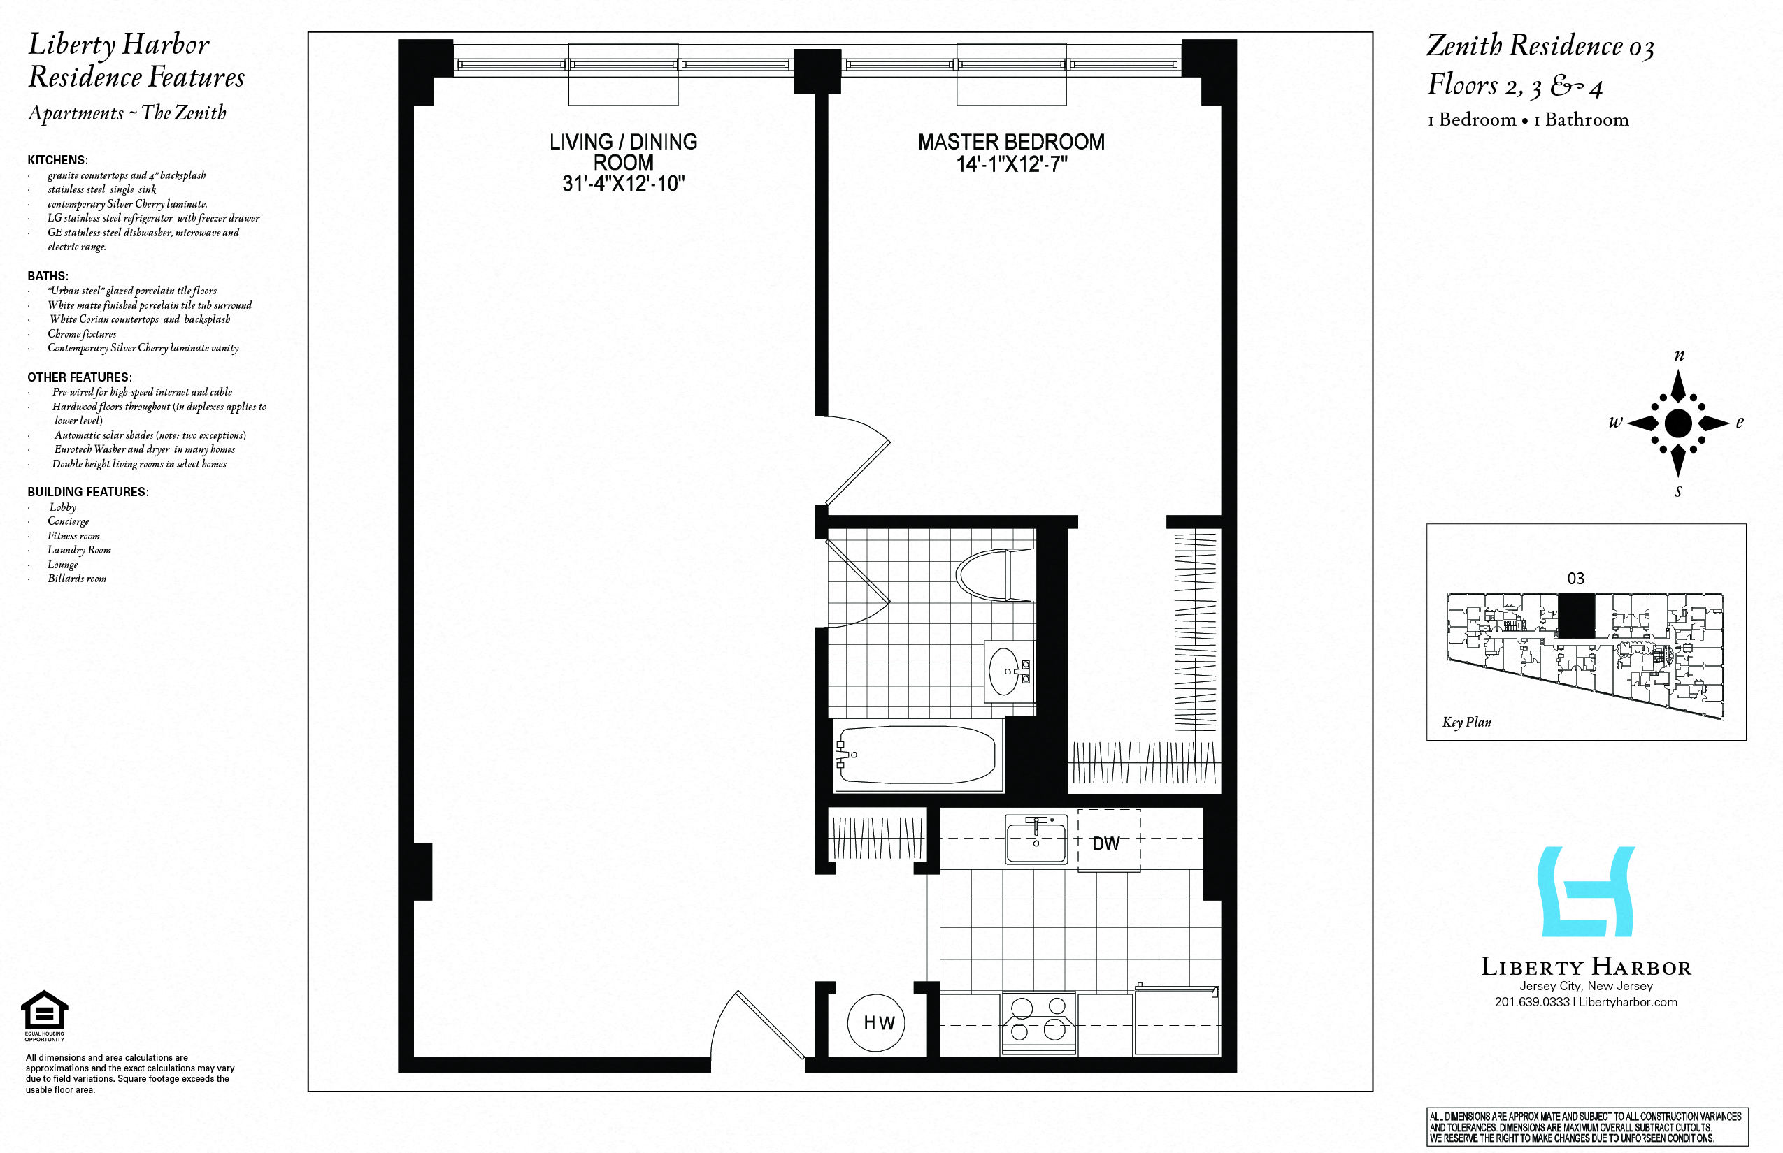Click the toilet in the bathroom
tap(994, 575)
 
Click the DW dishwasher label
tap(1105, 844)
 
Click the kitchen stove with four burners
tap(1038, 1023)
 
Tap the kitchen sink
tap(1036, 840)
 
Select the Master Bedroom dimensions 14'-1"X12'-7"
tap(1011, 164)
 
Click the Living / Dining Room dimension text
tap(623, 183)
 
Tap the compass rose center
tap(1678, 423)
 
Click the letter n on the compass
tap(1679, 356)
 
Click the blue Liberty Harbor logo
tap(1586, 892)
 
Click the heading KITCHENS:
tap(57, 160)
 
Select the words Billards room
tap(77, 579)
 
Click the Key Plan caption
tap(1467, 723)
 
